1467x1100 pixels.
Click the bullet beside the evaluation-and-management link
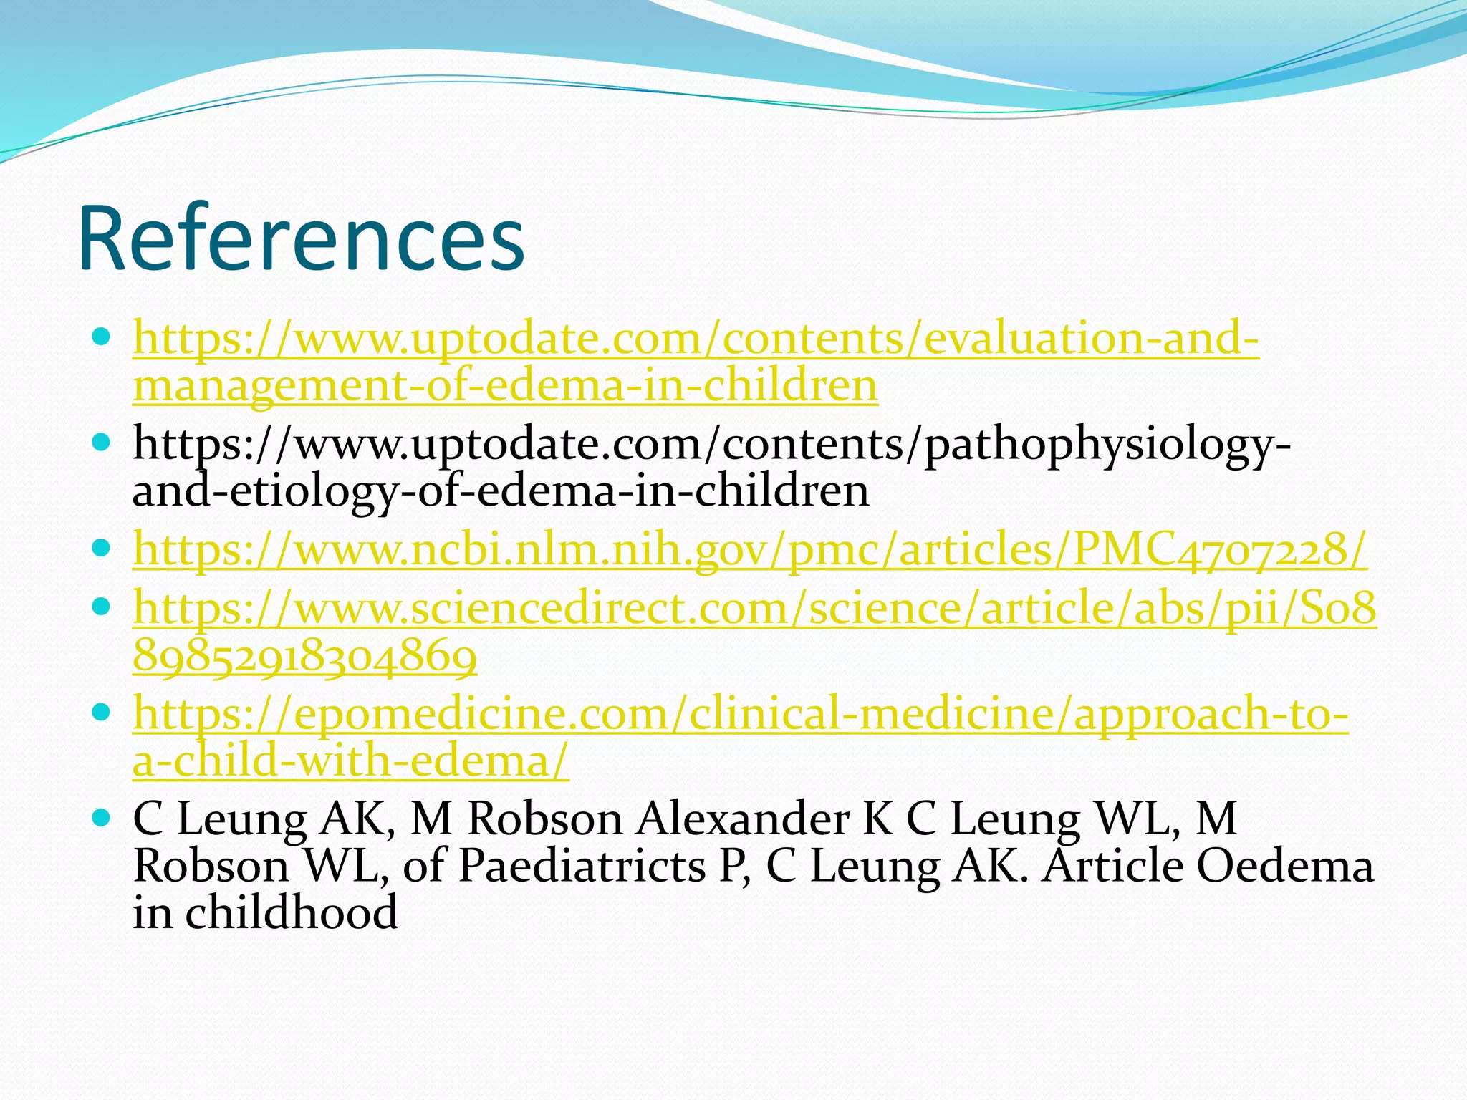pyautogui.click(x=102, y=335)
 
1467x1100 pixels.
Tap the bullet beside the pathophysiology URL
pyautogui.click(x=102, y=441)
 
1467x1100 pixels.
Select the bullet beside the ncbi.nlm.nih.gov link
pyautogui.click(x=102, y=548)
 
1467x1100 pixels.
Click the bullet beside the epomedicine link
pyautogui.click(x=102, y=712)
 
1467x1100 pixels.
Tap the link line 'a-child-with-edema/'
pyautogui.click(x=351, y=761)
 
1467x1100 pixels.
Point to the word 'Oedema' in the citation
pyautogui.click(x=1285, y=867)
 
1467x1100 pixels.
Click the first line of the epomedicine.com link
pyautogui.click(x=740, y=714)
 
